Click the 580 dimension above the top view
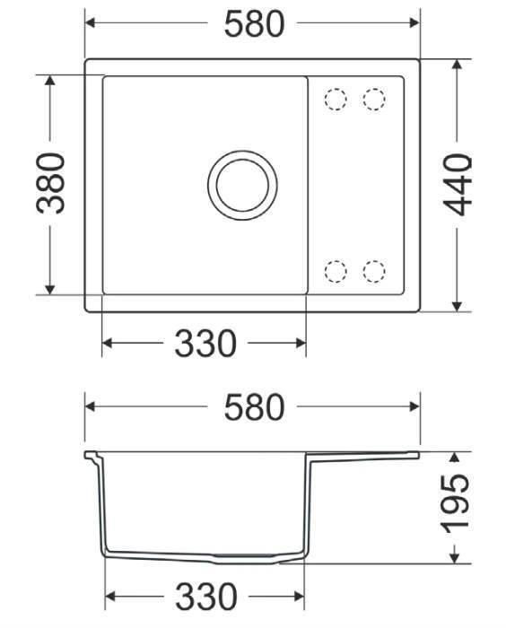pos(255,24)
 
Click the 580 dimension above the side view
pos(255,407)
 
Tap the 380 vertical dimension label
pos(50,183)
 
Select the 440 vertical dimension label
pos(458,185)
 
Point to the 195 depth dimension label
pos(455,504)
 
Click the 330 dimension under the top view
pos(205,344)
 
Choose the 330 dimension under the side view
pos(206,597)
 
